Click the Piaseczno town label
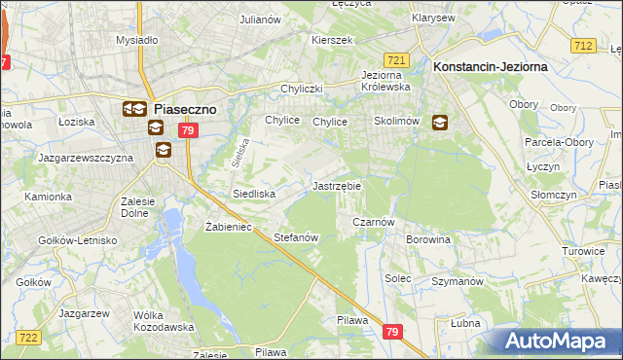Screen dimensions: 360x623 [189, 110]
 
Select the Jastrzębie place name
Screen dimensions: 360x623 [337, 185]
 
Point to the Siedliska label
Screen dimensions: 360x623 [254, 194]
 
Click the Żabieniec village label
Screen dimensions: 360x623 [230, 226]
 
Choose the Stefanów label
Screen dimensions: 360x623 [297, 237]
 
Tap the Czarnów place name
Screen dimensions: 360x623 [372, 222]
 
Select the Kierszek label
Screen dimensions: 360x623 [331, 41]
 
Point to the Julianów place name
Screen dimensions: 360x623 [261, 18]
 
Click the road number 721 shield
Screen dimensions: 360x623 [395, 59]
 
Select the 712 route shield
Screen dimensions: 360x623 [583, 46]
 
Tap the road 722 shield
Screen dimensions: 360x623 [27, 337]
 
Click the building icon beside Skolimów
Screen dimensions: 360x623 [440, 123]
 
